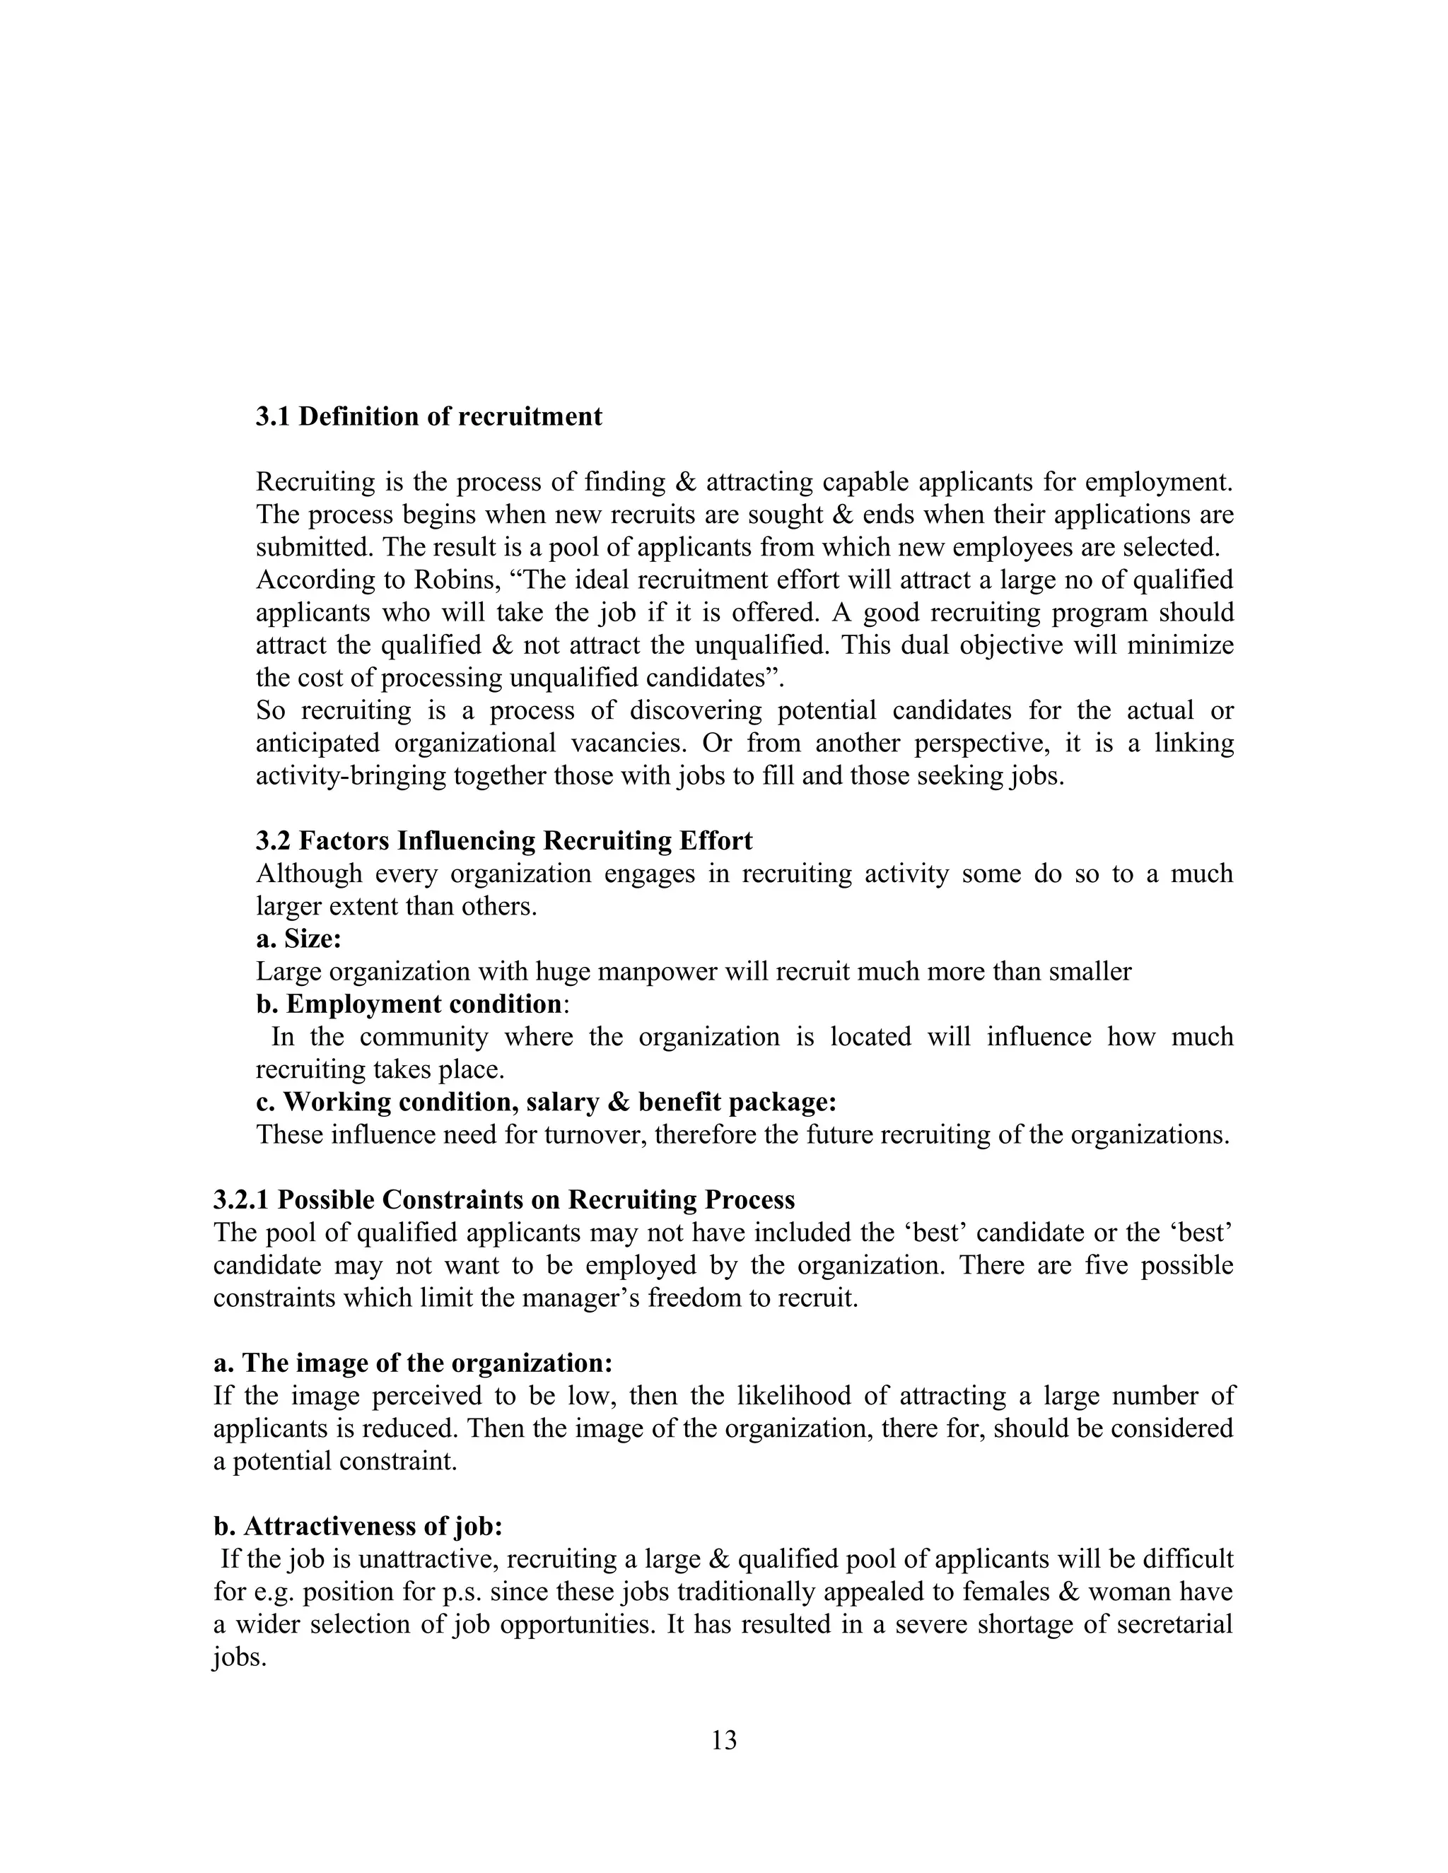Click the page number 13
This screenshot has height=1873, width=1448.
723,1740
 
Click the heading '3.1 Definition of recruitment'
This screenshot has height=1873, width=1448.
429,417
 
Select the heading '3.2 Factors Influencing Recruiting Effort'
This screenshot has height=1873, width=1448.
503,840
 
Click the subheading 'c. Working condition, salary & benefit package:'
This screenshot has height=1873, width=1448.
546,1101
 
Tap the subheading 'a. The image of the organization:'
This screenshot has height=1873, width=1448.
413,1363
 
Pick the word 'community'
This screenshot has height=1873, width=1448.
423,1036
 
